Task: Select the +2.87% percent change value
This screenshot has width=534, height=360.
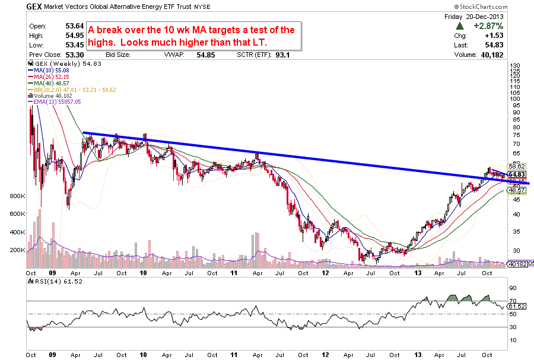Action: click(x=488, y=26)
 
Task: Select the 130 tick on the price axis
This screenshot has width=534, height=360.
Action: click(x=515, y=65)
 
